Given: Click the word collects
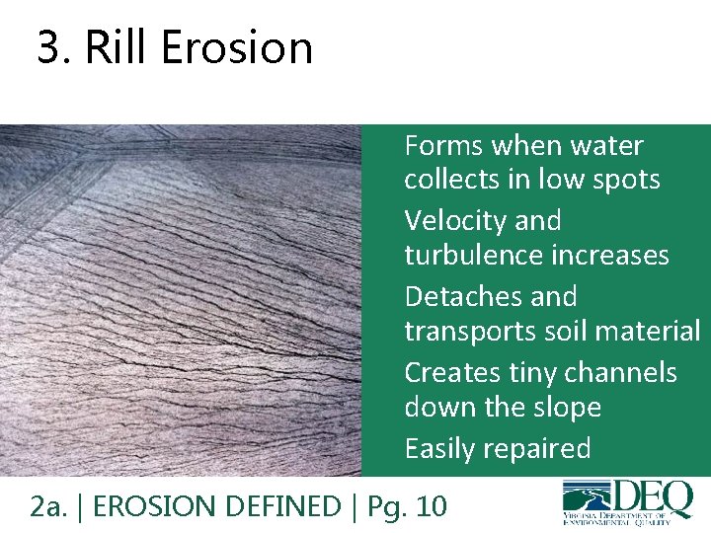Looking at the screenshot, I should pos(449,180).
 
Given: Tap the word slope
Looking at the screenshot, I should pos(564,407).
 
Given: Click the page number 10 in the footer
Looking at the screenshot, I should pos(432,506).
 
